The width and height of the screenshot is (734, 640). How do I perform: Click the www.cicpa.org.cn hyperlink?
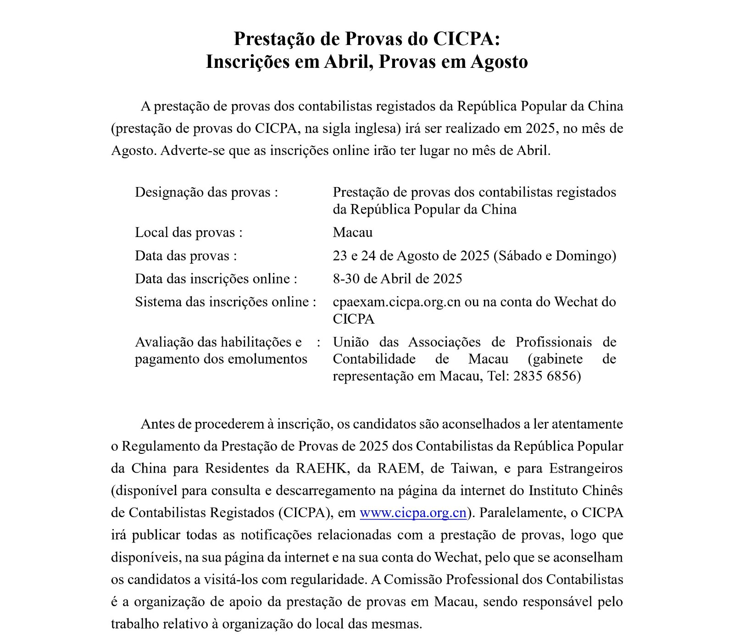413,513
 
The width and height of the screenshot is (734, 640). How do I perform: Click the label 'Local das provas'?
185,232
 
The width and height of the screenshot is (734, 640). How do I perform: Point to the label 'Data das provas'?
182,255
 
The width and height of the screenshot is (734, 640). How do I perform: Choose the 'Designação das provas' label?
203,192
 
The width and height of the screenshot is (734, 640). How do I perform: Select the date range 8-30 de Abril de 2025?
397,279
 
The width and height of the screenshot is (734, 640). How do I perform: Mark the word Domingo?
584,255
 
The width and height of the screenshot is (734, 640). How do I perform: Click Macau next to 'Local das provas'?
352,232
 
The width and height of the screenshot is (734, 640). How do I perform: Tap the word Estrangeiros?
586,468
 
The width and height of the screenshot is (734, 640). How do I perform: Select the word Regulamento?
169,446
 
